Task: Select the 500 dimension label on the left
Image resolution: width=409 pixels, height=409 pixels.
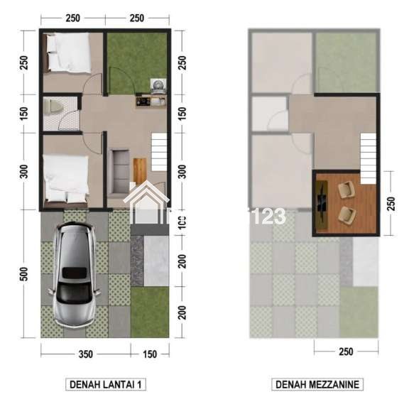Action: (x=23, y=273)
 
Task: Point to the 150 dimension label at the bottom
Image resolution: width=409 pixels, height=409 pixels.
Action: (x=150, y=354)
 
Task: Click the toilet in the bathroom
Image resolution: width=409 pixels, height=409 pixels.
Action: (x=52, y=107)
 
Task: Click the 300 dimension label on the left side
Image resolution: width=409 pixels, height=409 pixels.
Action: (x=23, y=171)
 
